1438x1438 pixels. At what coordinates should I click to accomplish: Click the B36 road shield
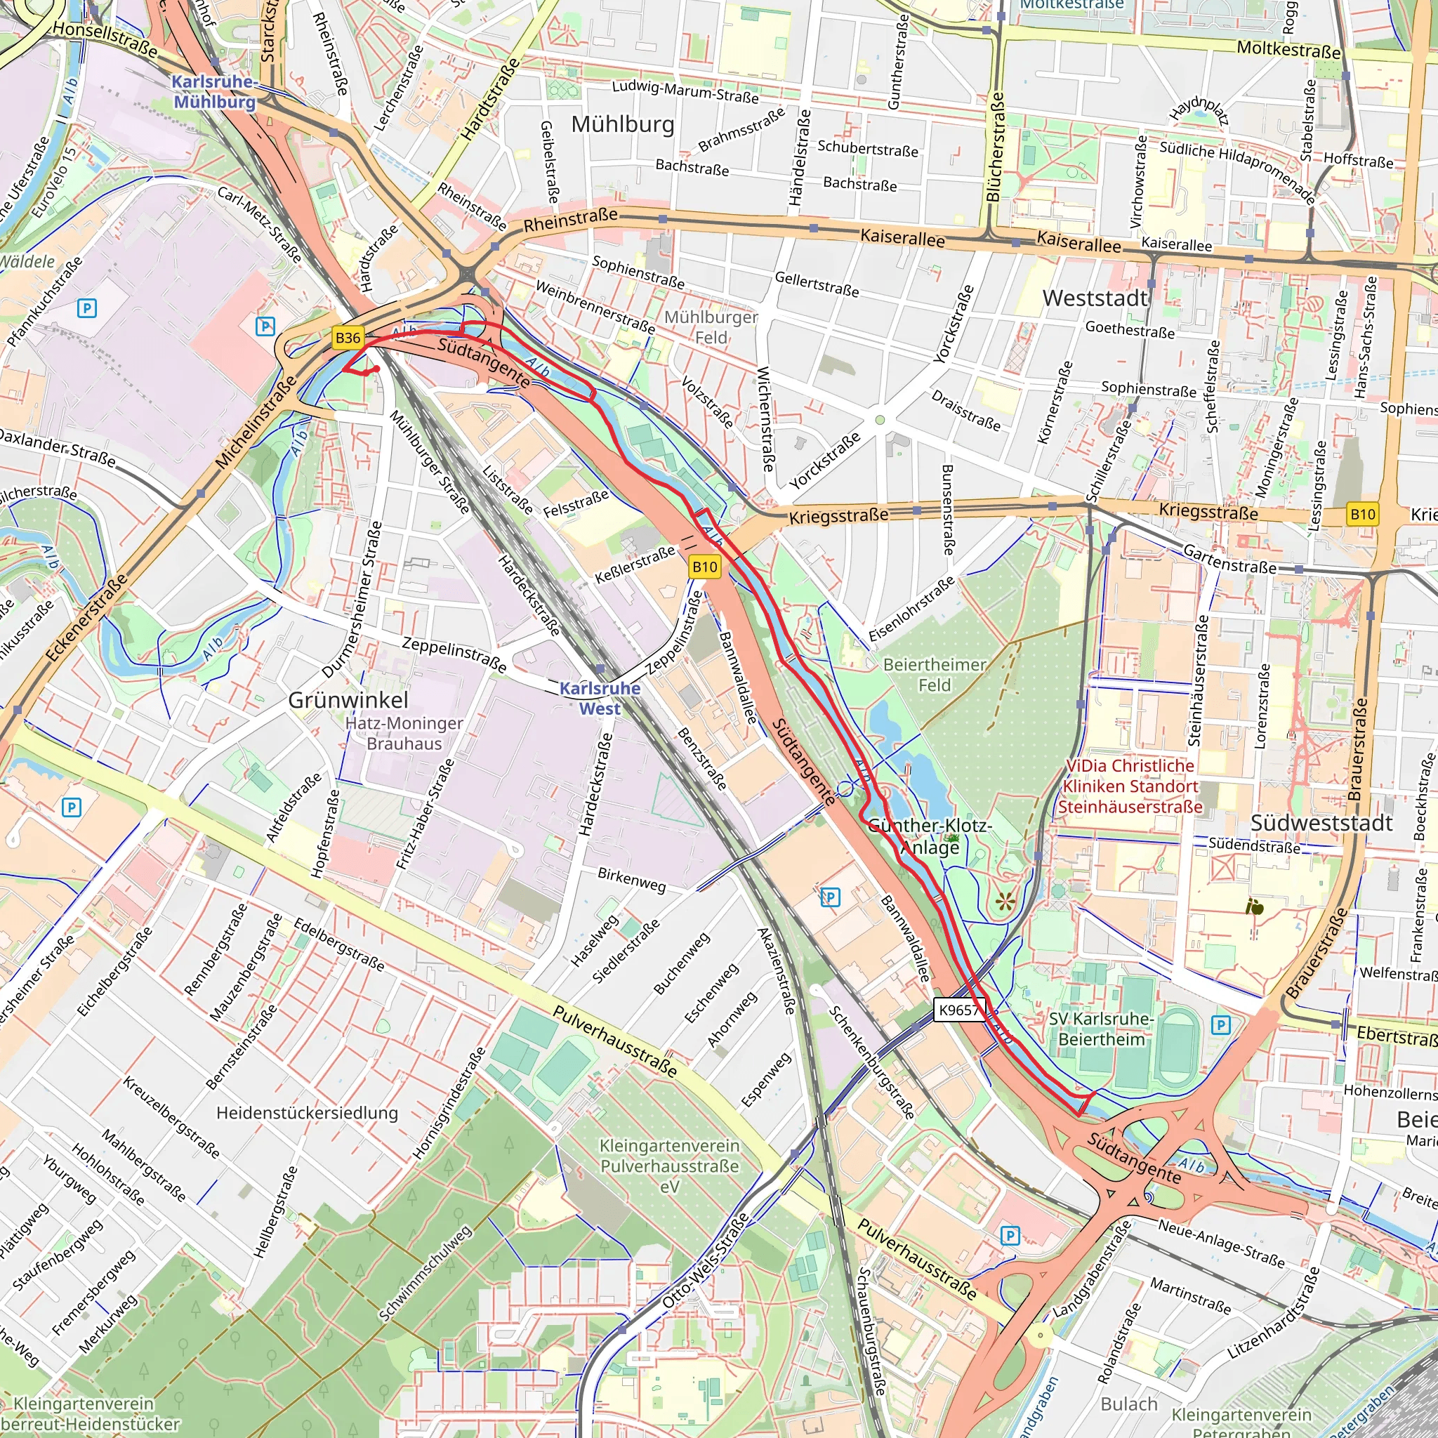pyautogui.click(x=348, y=338)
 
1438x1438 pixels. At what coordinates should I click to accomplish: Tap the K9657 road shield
pyautogui.click(x=958, y=1010)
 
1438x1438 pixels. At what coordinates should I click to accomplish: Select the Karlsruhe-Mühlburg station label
pyautogui.click(x=214, y=92)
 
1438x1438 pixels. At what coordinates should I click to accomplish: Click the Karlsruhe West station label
pyautogui.click(x=600, y=698)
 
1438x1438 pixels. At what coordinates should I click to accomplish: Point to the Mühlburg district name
pyautogui.click(x=623, y=124)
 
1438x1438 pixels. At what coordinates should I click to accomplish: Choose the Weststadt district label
pyautogui.click(x=1095, y=298)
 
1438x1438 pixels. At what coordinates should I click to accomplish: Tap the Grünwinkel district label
pyautogui.click(x=348, y=700)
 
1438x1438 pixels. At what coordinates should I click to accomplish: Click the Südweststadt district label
pyautogui.click(x=1321, y=823)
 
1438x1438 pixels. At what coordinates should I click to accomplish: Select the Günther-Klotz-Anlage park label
pyautogui.click(x=930, y=836)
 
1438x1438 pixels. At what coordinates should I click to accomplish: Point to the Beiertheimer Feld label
pyautogui.click(x=934, y=674)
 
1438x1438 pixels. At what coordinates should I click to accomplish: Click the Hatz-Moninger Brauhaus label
pyautogui.click(x=404, y=733)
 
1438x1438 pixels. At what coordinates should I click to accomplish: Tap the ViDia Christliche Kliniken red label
pyautogui.click(x=1130, y=786)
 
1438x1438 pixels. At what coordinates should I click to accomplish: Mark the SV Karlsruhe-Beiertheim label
pyautogui.click(x=1102, y=1029)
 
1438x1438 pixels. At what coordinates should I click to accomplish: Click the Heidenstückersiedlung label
pyautogui.click(x=308, y=1113)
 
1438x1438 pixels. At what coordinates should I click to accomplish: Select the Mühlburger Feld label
pyautogui.click(x=711, y=327)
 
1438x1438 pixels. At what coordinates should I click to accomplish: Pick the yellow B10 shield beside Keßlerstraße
pyautogui.click(x=704, y=567)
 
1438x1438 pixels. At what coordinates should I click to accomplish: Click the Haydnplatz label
pyautogui.click(x=1199, y=112)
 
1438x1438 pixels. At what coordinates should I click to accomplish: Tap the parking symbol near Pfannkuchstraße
pyautogui.click(x=87, y=308)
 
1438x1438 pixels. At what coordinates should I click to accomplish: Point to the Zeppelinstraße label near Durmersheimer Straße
pyautogui.click(x=454, y=654)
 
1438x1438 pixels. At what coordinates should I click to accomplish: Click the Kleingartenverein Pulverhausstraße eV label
pyautogui.click(x=670, y=1166)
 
